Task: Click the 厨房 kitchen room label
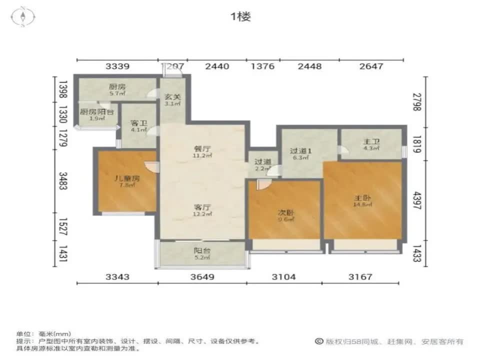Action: click(117, 86)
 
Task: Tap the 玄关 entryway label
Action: click(172, 97)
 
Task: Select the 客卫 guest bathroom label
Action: click(137, 122)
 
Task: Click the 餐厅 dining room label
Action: click(201, 148)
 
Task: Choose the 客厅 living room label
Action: click(201, 206)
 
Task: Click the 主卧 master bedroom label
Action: click(362, 197)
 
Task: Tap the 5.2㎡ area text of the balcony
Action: click(201, 258)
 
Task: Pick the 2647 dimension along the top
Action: click(370, 66)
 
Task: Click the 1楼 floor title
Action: click(240, 16)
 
